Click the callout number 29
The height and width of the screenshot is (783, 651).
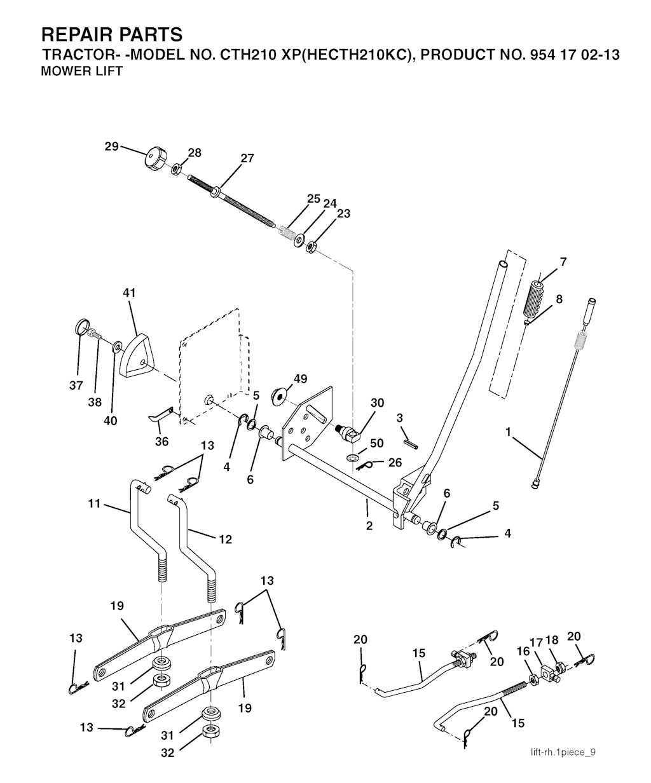[112, 147]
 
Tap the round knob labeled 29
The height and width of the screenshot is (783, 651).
[154, 156]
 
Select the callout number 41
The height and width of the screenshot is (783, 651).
[130, 293]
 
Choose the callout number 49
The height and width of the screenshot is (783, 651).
[300, 379]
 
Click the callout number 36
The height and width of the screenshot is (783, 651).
[161, 442]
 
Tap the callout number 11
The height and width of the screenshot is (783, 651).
[95, 504]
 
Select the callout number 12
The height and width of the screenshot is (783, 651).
[225, 540]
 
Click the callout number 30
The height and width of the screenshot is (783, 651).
[378, 402]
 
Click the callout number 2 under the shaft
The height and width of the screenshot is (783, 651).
[369, 526]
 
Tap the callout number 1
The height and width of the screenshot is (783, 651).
[508, 432]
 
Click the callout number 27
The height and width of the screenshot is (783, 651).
[247, 158]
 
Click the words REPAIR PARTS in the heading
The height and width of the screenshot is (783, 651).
[111, 34]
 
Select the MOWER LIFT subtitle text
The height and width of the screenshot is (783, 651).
[81, 71]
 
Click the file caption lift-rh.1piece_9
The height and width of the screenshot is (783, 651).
[563, 752]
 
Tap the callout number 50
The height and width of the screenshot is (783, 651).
[377, 442]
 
